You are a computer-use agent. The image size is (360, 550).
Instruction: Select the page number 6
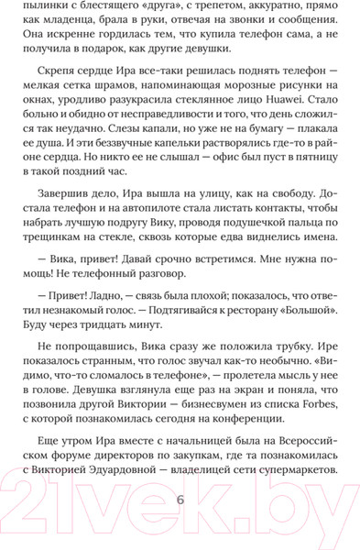180,500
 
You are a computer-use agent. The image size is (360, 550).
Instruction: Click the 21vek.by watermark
180,501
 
